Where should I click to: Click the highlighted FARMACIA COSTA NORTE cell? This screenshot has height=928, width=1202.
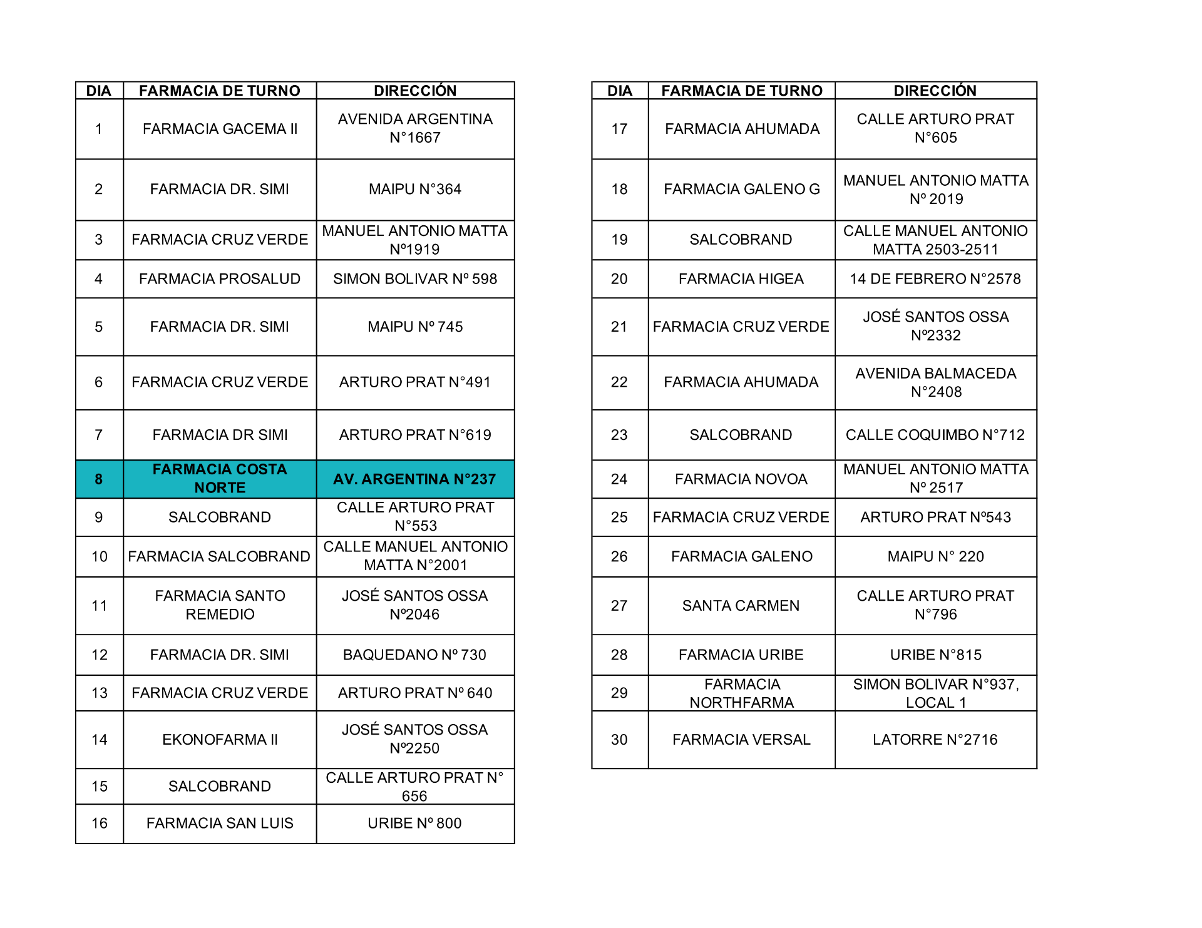point(220,479)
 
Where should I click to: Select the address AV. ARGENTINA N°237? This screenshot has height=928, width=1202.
point(414,479)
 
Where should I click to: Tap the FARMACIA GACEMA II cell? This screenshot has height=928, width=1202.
point(220,129)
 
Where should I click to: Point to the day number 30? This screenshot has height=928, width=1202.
point(619,740)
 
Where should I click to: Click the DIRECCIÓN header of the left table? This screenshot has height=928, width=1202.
point(415,91)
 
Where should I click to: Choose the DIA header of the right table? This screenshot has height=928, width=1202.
point(620,91)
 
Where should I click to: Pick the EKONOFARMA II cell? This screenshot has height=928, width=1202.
point(220,740)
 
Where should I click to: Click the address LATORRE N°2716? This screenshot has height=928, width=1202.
point(935,740)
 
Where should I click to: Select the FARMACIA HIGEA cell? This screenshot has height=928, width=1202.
point(741,279)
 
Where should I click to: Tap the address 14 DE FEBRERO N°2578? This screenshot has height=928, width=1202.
point(935,279)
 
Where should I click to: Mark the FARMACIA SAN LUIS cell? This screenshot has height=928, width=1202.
point(220,823)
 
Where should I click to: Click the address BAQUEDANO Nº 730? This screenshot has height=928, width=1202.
point(414,655)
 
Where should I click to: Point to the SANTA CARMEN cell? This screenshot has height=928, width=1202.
point(741,606)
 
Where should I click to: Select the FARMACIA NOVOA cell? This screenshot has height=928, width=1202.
point(741,479)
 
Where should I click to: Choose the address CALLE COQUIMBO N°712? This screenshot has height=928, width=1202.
point(935,435)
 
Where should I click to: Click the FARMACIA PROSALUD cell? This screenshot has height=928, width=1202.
point(220,279)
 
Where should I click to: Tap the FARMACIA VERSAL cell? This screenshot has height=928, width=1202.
point(741,740)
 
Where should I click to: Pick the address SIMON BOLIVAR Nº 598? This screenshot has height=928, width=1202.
point(415,279)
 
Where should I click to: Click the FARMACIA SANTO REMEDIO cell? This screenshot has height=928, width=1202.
point(220,605)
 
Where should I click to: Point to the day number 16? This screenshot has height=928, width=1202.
point(100,823)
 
